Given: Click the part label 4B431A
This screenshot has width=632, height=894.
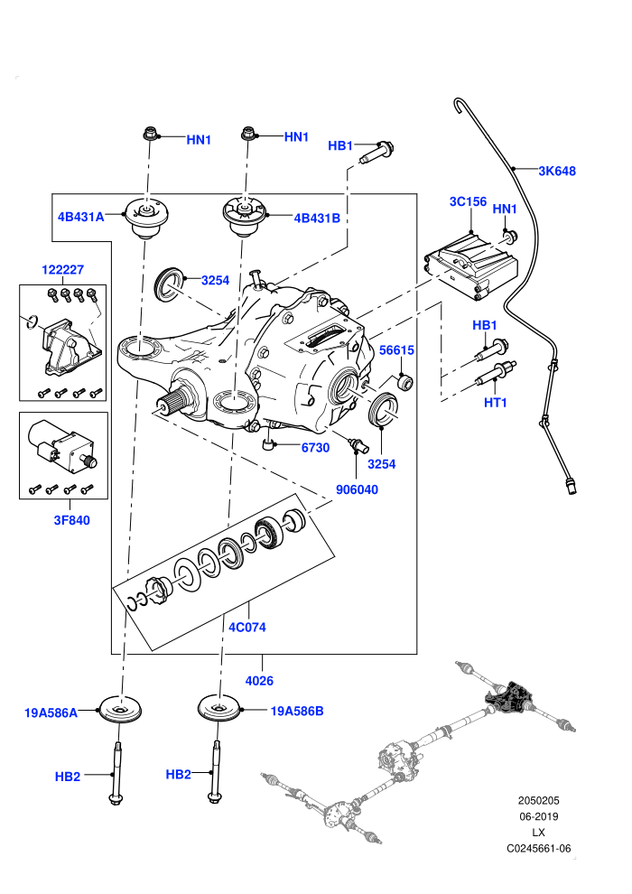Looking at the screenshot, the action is coord(80,217).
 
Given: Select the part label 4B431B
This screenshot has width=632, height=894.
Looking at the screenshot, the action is coord(316,218).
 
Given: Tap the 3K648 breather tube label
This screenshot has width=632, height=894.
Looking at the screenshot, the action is coord(557,171).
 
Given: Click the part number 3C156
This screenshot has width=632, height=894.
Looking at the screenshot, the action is coord(468,201).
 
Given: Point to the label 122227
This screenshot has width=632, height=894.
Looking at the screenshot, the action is coord(62,270).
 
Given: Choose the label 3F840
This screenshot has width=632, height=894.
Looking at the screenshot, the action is coord(72,520).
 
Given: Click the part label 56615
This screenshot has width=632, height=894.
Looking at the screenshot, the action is coord(396,350).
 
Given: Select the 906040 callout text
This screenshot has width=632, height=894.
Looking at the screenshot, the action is coord(357,489).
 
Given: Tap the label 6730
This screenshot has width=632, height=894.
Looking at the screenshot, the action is coord(315,448).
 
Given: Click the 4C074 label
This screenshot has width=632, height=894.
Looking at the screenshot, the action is coord(247,628).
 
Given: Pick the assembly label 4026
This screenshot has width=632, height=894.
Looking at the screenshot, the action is coord(259,681).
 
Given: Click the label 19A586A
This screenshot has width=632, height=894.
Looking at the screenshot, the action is coord(51,712).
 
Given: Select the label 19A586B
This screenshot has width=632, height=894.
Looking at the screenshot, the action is coord(297,711).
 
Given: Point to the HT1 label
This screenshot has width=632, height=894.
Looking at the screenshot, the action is coord(496,403).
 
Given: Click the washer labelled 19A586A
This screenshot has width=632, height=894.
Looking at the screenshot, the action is coord(120,710).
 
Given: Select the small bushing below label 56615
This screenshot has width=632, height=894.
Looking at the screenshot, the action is coord(405,381).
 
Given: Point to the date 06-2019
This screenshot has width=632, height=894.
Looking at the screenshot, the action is coord(538,816).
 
